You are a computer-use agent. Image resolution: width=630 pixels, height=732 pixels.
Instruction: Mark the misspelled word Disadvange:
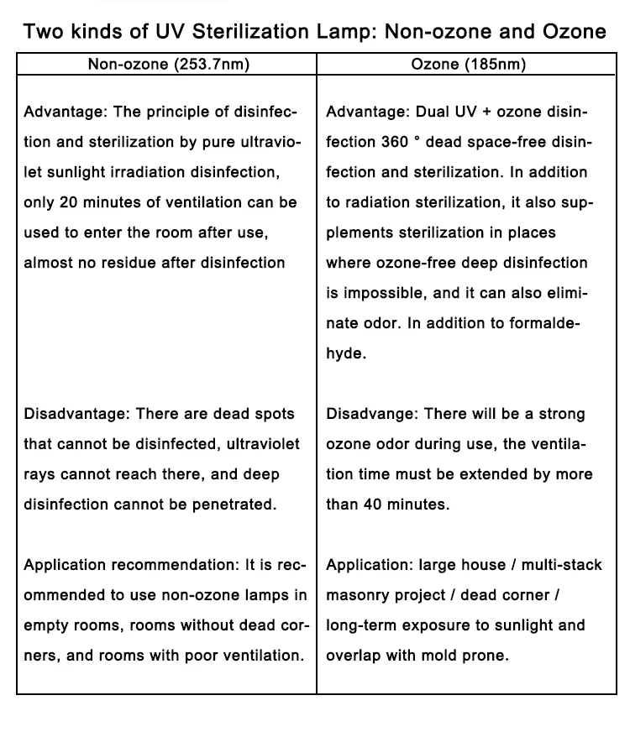click(x=371, y=414)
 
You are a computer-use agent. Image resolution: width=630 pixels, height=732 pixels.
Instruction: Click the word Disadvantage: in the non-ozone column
click(x=76, y=414)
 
